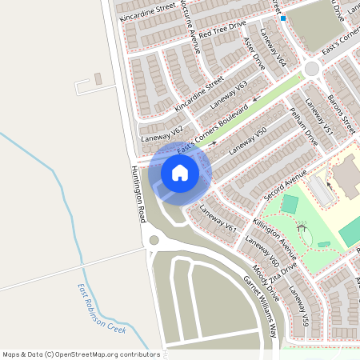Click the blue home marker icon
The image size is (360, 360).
(180, 173)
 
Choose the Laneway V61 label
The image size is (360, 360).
(218, 218)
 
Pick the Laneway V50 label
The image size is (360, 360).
(247, 141)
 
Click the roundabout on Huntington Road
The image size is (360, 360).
(154, 240)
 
